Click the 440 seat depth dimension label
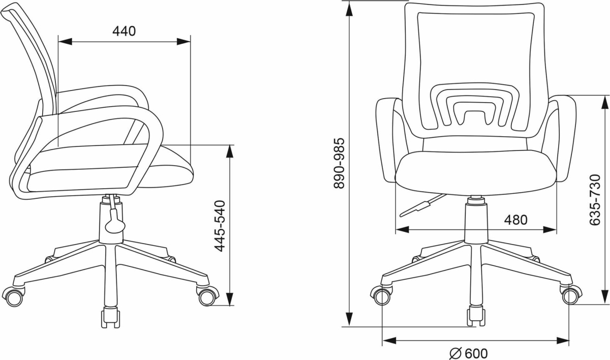coord(124,32)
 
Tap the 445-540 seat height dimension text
coord(220,226)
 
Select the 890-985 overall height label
coord(340,163)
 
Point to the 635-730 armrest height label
coord(595,200)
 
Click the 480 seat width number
coord(516,220)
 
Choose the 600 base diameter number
coord(476,353)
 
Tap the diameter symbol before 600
coord(455,353)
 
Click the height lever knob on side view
coord(115,225)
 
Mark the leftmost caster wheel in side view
coord(14,297)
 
